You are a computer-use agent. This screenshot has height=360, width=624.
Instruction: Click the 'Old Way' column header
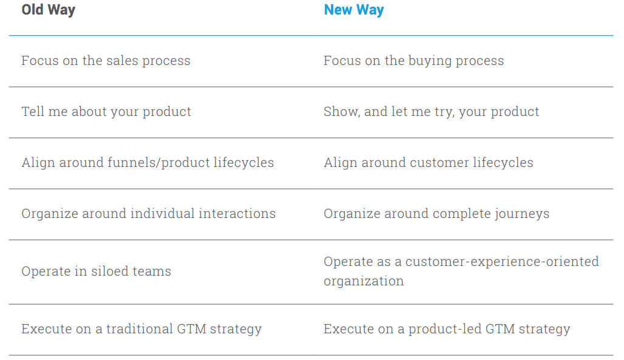click(48, 10)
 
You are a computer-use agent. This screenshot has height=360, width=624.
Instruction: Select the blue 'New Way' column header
click(354, 10)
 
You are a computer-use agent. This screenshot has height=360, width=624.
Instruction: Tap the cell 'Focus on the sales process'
click(106, 61)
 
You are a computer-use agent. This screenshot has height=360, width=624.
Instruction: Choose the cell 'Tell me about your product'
click(106, 112)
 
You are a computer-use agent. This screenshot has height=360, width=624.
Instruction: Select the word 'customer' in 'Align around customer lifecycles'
click(439, 163)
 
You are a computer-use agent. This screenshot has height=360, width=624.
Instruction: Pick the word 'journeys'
click(522, 214)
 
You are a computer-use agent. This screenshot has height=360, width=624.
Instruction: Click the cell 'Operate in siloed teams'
click(97, 271)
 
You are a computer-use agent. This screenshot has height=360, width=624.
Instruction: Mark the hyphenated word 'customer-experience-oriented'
click(502, 262)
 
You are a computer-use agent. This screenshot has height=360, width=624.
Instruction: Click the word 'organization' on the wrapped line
click(364, 281)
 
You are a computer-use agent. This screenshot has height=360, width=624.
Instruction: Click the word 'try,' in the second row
click(444, 112)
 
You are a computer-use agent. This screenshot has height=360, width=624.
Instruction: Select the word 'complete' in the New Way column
click(462, 214)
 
